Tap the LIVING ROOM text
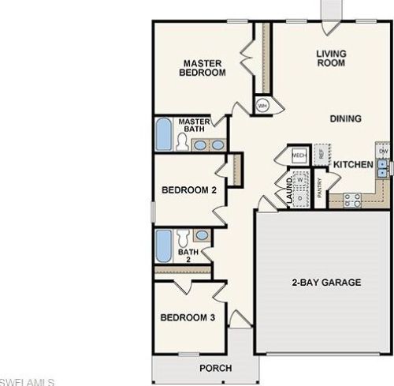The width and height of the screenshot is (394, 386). coord(331,59)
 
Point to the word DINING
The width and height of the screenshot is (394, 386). coord(345,119)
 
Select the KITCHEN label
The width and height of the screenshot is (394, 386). coord(352,164)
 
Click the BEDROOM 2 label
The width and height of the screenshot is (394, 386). coord(188,190)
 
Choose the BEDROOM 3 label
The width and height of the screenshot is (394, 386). coord(188,318)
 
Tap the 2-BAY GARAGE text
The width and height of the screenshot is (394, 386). coord(325,282)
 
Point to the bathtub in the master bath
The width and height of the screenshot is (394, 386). coord(162,135)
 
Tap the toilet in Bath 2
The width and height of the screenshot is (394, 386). coord(182,236)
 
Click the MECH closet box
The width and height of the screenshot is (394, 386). coord(299,156)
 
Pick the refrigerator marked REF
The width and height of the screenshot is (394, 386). coord(321,154)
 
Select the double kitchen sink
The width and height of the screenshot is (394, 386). coord(383,167)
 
